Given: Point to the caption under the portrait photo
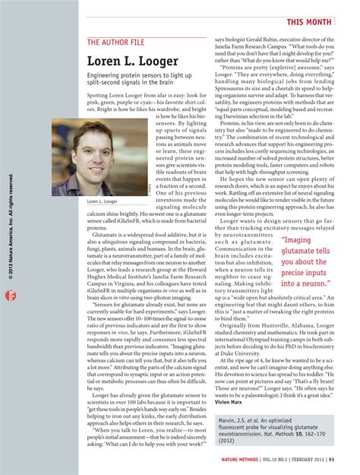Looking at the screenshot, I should click(104, 201).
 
